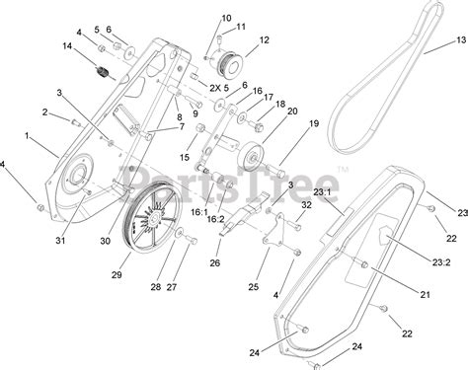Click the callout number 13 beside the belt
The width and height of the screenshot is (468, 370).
(x=462, y=40)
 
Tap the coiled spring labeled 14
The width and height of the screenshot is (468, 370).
(x=104, y=72)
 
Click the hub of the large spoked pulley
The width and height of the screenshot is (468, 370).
(x=154, y=218)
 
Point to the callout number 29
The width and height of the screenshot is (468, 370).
(x=117, y=274)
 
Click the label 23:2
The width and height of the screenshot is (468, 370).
(x=441, y=262)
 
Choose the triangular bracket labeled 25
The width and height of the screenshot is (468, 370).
(x=274, y=230)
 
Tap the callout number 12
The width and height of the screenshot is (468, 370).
(x=265, y=40)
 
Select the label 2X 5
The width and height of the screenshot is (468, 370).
(x=219, y=88)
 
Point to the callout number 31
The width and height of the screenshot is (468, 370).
(x=60, y=241)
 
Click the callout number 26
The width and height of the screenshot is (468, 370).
(x=215, y=263)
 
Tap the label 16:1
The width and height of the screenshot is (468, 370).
(x=199, y=213)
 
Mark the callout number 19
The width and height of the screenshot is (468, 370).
(x=314, y=123)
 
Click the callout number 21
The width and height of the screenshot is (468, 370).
(x=426, y=294)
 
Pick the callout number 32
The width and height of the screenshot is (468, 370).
(x=306, y=205)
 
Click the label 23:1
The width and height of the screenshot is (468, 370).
(x=322, y=192)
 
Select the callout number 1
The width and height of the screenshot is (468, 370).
(x=27, y=135)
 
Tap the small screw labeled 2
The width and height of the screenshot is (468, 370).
(x=76, y=123)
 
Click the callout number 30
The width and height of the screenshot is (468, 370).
(x=105, y=241)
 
